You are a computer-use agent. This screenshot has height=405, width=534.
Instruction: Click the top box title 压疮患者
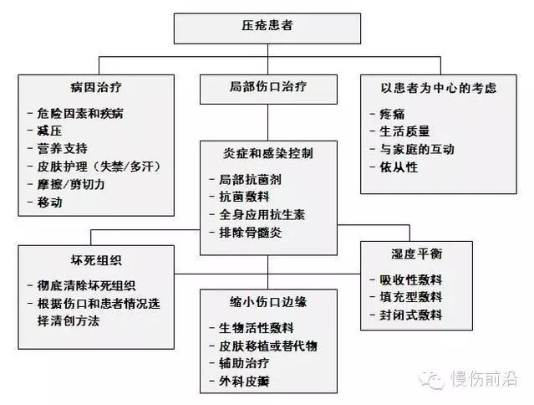point(267,26)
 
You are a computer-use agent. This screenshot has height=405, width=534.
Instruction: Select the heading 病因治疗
point(96,87)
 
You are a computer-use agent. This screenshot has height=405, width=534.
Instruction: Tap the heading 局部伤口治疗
point(268,86)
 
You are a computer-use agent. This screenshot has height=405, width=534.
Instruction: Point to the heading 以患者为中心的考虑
point(439,88)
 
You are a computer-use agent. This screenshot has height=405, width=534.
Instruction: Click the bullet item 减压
point(49,131)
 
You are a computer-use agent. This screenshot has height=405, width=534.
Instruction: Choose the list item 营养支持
point(63,149)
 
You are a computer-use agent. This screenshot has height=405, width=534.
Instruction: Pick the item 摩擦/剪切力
point(71,184)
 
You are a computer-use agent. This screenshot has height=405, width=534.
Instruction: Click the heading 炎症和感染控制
point(268,153)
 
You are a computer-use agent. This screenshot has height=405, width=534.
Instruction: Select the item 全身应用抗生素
point(262,215)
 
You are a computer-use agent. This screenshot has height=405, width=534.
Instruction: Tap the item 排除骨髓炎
point(251,233)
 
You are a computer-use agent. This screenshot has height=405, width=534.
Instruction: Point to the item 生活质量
point(405,131)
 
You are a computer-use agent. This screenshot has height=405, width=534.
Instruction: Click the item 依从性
point(399,167)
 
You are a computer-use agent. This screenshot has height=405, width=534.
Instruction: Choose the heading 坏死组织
point(96,260)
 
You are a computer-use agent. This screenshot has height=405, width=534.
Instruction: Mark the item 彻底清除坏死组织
point(87,285)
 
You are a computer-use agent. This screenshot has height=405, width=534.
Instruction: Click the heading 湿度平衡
point(417,254)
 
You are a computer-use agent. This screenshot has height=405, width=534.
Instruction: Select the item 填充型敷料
point(411,297)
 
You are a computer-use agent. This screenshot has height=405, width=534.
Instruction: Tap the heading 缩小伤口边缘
point(268,302)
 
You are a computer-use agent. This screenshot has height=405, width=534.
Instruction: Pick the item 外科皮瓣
point(244,382)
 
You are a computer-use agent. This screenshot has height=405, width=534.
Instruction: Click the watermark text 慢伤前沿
point(485,379)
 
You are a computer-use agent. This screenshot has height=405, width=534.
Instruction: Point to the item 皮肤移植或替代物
point(268,346)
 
